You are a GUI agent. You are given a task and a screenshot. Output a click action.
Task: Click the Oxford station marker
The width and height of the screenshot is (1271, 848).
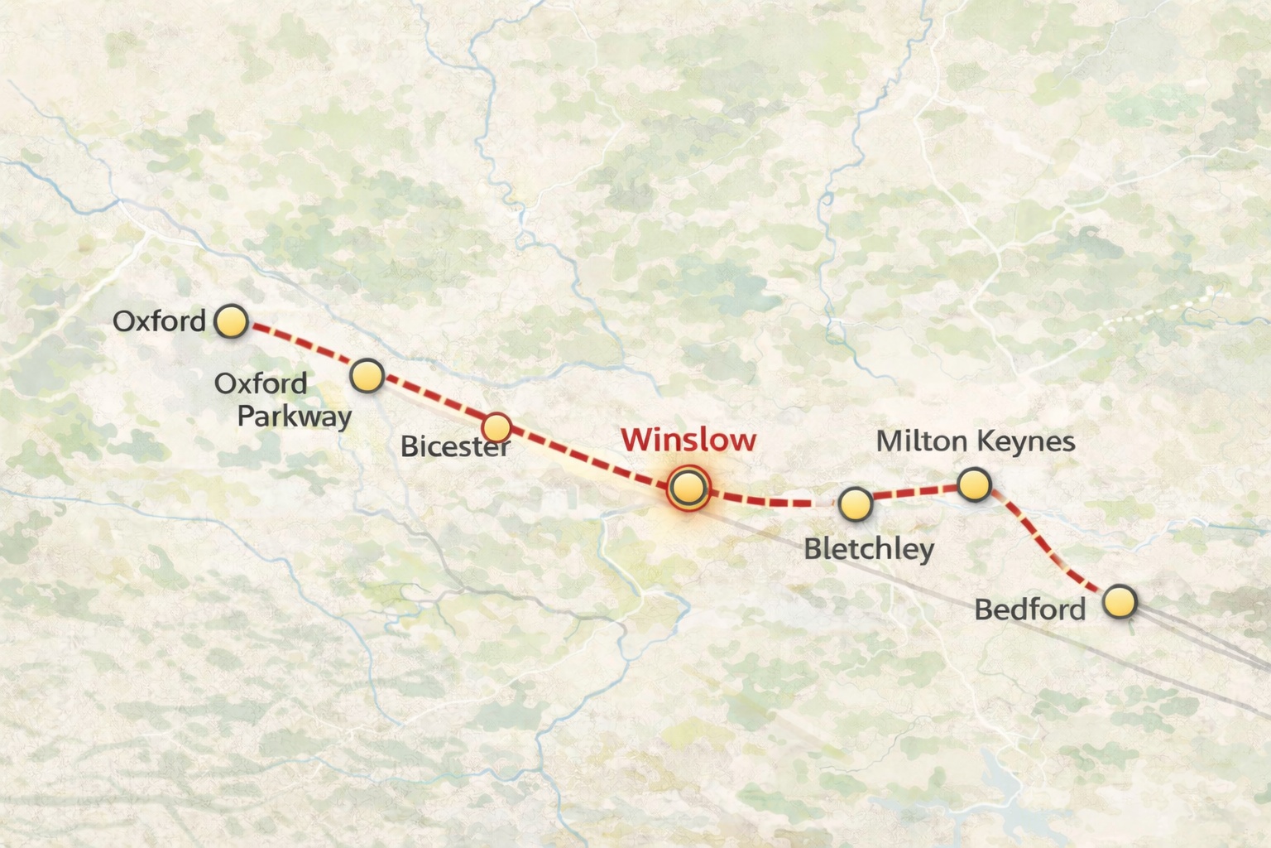(231, 321)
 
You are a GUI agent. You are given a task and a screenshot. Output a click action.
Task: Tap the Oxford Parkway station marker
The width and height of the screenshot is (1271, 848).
(367, 376)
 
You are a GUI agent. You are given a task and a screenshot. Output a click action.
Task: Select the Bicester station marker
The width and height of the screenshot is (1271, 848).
(496, 427)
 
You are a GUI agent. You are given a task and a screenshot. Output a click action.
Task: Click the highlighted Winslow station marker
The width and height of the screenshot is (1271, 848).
(688, 487)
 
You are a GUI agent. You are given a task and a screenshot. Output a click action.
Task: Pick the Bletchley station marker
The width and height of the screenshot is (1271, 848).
(855, 503)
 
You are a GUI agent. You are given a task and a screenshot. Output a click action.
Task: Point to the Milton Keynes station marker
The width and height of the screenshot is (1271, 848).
(974, 484)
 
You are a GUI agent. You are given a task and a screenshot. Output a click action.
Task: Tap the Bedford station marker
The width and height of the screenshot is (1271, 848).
(1120, 601)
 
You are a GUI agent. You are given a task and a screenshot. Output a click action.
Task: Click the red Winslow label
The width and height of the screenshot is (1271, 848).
(688, 440)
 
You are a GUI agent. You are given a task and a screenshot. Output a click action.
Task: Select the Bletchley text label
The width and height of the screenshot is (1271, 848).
(869, 548)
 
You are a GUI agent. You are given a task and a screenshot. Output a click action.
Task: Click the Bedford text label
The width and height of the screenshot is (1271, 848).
(1029, 609)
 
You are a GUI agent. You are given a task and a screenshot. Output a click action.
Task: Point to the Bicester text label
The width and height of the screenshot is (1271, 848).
(454, 446)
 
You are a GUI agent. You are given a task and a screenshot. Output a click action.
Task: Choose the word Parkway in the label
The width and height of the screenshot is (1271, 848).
(295, 416)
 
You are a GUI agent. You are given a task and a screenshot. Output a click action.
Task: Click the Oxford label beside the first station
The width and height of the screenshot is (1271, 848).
(159, 320)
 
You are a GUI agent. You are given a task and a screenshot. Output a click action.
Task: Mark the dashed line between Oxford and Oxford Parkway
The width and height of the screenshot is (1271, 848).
(300, 349)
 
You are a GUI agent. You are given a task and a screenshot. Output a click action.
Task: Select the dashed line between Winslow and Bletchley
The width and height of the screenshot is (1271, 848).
(770, 500)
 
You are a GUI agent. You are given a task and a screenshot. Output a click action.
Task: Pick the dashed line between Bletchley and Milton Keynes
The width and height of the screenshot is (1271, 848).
(914, 493)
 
